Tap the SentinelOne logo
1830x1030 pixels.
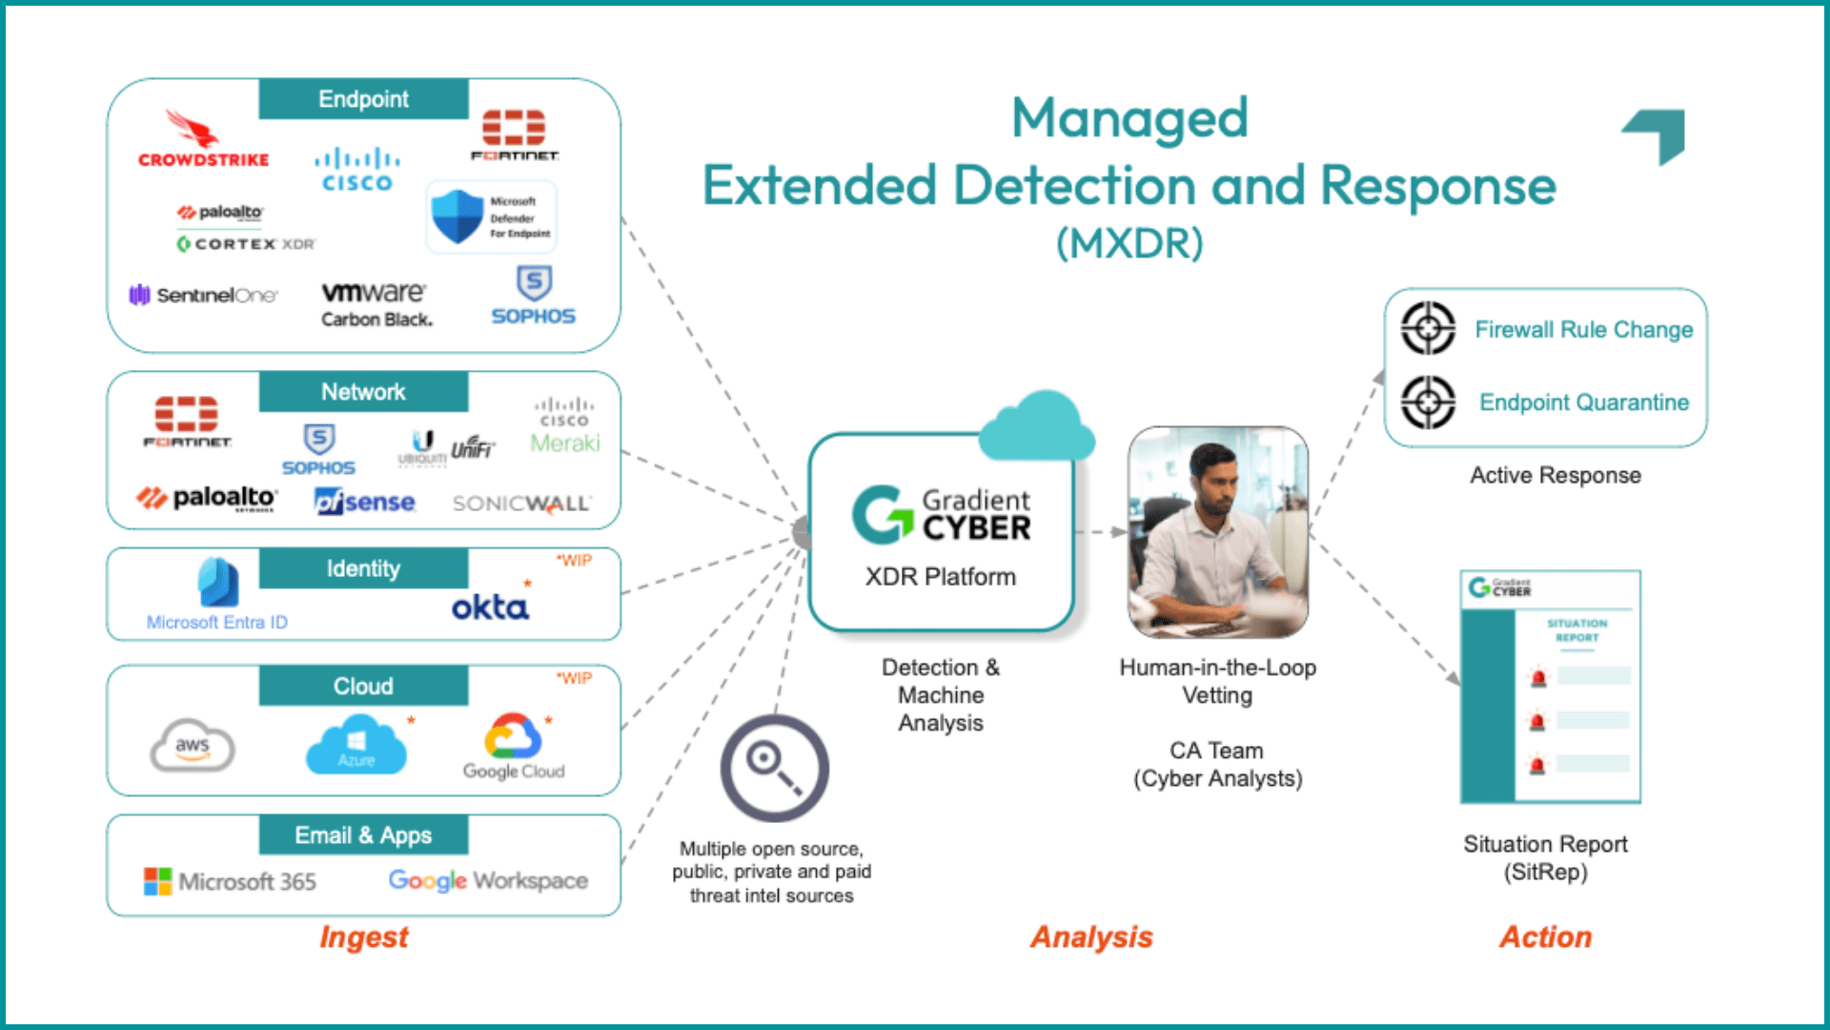[x=203, y=296]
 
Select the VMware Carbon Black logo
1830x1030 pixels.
[x=376, y=304]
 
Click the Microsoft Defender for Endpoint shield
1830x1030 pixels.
[x=457, y=216]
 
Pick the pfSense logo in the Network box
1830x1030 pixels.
[x=365, y=502]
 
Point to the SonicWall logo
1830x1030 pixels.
[x=521, y=504]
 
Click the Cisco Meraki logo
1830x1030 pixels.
[x=564, y=429]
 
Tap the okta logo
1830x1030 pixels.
[x=490, y=607]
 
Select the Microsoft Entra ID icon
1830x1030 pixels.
[x=218, y=583]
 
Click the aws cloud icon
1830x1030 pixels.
[x=193, y=746]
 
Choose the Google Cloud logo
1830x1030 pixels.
[x=514, y=747]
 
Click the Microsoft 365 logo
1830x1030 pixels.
[x=230, y=881]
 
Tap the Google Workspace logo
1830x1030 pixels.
[x=488, y=880]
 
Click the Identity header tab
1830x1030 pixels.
[x=363, y=568]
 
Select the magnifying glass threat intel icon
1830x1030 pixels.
[x=774, y=768]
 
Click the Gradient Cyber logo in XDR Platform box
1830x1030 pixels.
[x=941, y=515]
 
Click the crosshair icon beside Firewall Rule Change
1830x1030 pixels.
[x=1428, y=329]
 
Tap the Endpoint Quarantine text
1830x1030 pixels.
[x=1583, y=402]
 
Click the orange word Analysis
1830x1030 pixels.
[x=1091, y=937]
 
